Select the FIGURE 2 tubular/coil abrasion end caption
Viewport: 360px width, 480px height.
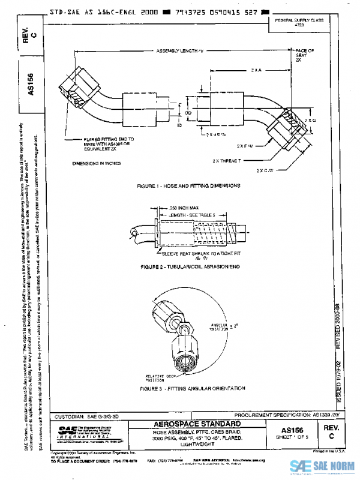tap(190, 265)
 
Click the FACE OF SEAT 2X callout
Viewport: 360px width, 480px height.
tap(304, 56)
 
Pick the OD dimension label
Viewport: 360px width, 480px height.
tap(188, 112)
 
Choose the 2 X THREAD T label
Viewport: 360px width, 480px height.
tap(225, 161)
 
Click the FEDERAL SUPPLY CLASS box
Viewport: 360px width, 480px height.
tap(299, 22)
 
